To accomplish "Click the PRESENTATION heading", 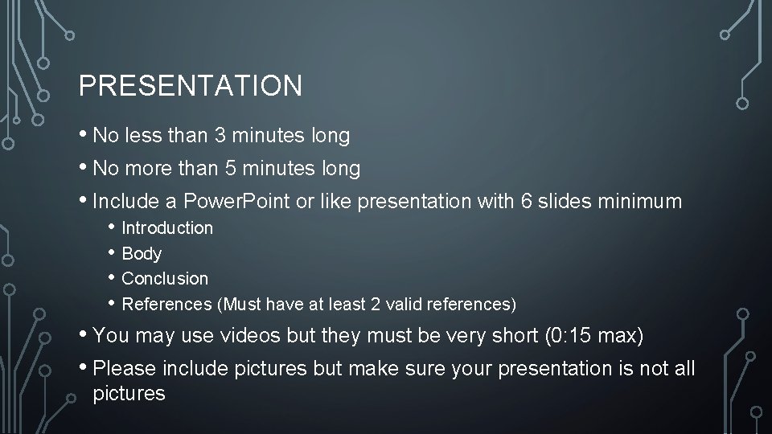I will [x=191, y=85].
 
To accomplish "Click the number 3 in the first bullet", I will [x=220, y=136].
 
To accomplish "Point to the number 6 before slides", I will [x=528, y=201].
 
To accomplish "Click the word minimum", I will [x=641, y=201].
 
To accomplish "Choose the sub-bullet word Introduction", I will [x=167, y=228].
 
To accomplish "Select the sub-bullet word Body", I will [x=142, y=254].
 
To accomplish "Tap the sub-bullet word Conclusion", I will [x=165, y=279].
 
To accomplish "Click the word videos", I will [x=240, y=335].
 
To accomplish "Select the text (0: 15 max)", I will [x=593, y=335].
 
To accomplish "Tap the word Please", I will [x=125, y=368].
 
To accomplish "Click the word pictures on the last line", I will [x=129, y=394].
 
